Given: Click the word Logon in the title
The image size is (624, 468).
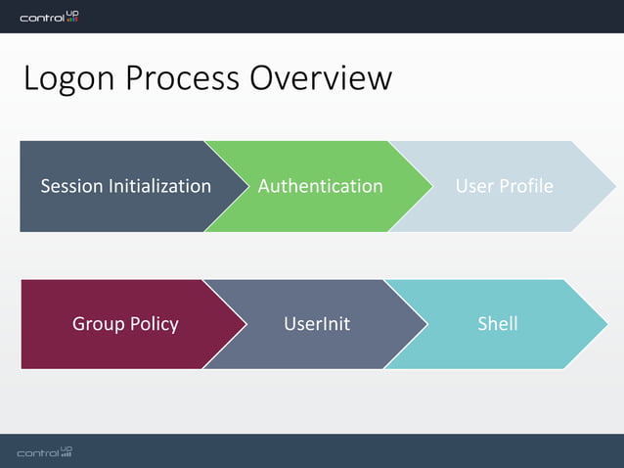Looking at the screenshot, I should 67,78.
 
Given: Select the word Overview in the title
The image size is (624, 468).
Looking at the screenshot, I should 322,78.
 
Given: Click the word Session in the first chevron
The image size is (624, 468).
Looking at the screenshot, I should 71,186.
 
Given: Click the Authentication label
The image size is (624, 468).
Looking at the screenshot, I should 320,186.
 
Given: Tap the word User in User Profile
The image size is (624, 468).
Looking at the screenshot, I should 475,186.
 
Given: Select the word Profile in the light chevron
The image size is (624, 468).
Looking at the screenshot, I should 526,186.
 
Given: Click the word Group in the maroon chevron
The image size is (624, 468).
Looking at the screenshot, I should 97,324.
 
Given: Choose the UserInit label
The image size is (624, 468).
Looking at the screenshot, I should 317,324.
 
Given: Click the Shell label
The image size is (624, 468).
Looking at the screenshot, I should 497,324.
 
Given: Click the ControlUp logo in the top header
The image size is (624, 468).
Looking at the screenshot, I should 49,17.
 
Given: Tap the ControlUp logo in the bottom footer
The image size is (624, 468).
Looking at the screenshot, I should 45,452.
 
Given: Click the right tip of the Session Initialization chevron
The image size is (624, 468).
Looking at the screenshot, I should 248,186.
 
